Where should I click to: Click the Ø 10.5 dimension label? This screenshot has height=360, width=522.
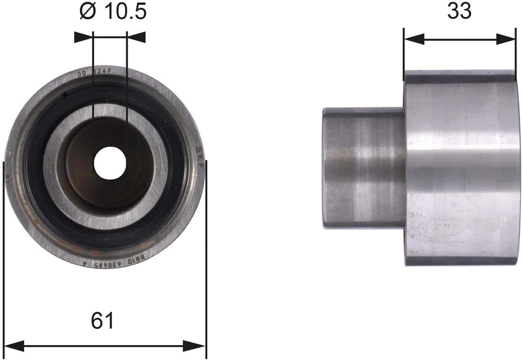(x=112, y=12)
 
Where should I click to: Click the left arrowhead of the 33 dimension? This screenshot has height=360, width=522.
(x=414, y=39)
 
